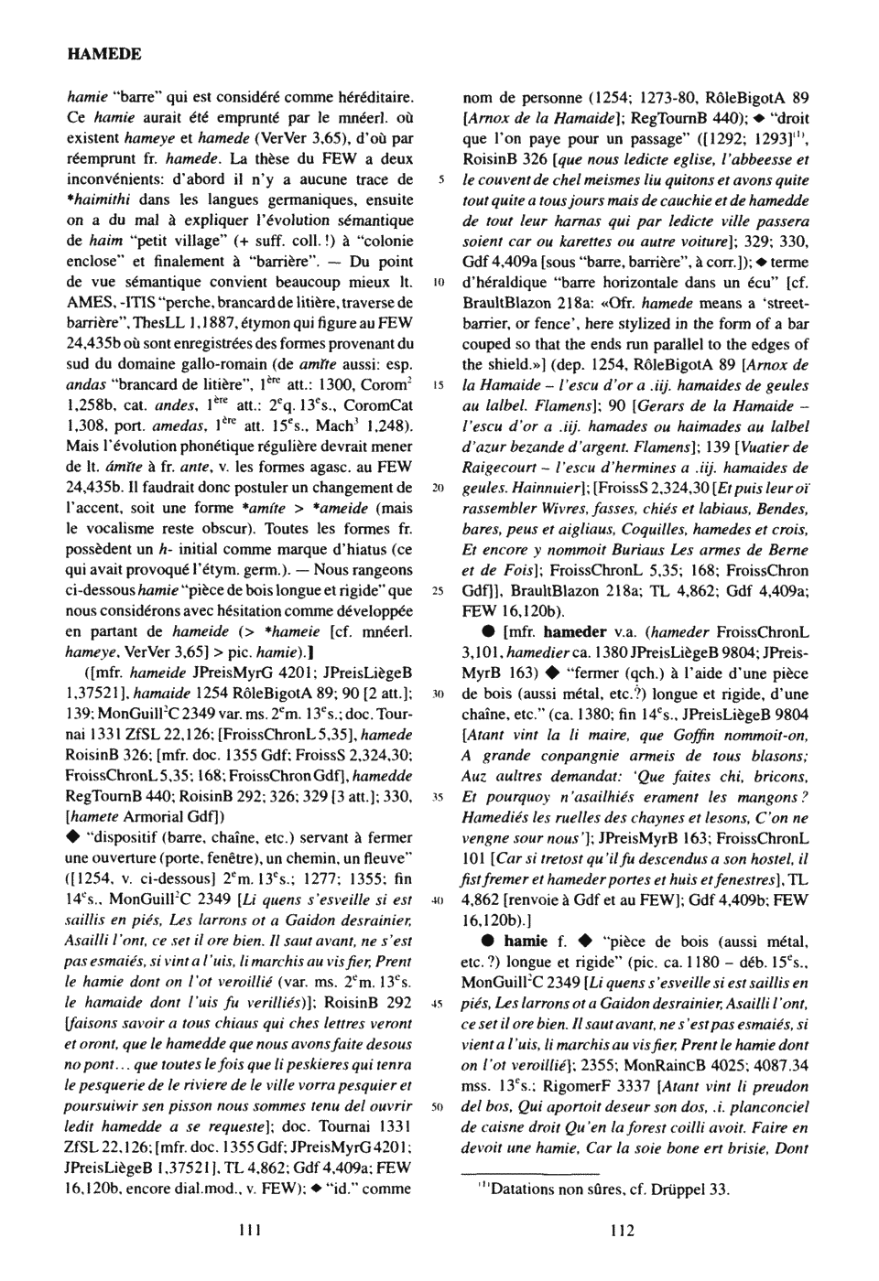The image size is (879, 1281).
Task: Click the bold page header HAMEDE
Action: [104, 54]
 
